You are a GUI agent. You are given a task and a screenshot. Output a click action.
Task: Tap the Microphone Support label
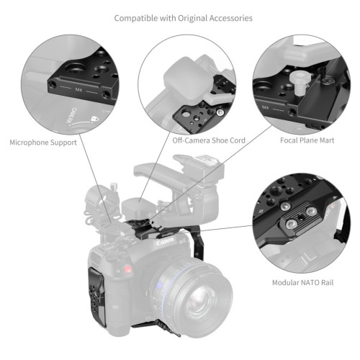pyautogui.click(x=44, y=143)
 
